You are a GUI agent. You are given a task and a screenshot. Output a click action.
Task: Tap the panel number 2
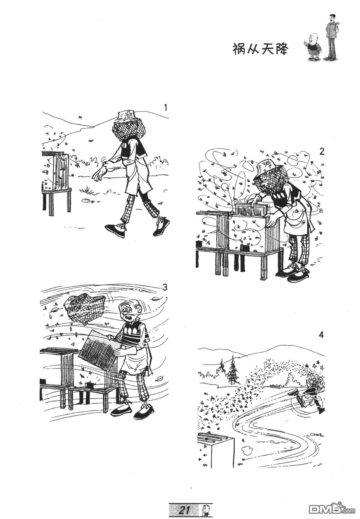pyautogui.click(x=321, y=152)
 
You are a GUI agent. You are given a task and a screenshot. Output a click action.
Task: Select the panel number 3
pyautogui.click(x=165, y=287)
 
